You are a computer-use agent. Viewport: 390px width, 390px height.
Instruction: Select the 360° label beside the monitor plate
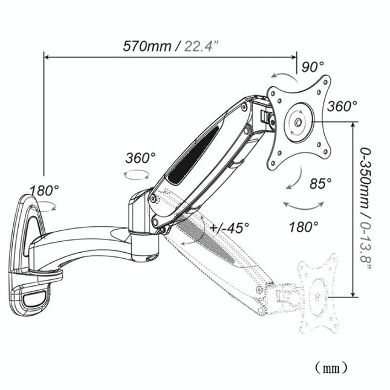pos(342,106)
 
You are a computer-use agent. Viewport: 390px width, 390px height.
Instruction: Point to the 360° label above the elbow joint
pos(140,158)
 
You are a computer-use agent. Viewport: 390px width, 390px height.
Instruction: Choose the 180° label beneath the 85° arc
pos(304,227)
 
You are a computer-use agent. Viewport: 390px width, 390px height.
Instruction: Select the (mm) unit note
pos(330,366)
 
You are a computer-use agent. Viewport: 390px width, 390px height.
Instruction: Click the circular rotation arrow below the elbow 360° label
pos(136,175)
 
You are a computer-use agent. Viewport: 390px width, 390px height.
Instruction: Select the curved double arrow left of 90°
pos(282,74)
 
